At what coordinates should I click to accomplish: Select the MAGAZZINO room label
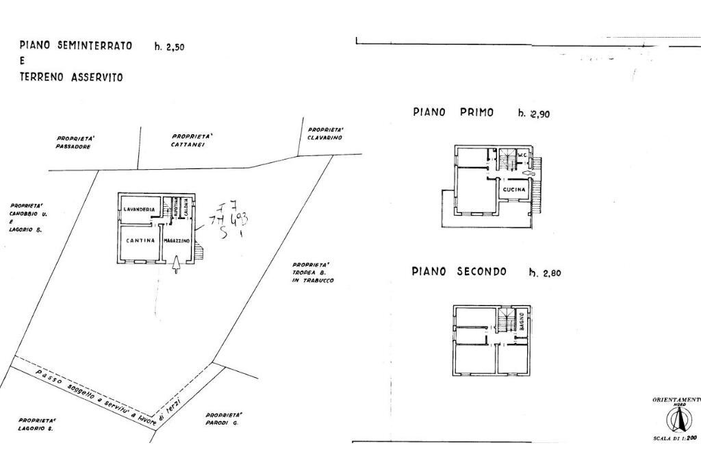pos(177,240)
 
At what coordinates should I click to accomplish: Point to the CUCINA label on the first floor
pos(514,189)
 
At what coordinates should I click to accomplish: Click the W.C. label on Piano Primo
pos(522,155)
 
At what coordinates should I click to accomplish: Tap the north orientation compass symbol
pos(676,419)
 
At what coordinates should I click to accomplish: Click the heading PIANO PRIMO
pos(453,112)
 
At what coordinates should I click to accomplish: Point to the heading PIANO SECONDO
pos(459,271)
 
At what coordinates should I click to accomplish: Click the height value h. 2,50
pos(170,47)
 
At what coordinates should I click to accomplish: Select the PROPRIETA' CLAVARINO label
pos(325,134)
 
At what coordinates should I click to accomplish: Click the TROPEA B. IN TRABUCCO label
pos(311,273)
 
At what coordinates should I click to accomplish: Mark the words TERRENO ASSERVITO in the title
pos(71,77)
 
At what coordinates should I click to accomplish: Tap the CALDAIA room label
pos(185,209)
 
